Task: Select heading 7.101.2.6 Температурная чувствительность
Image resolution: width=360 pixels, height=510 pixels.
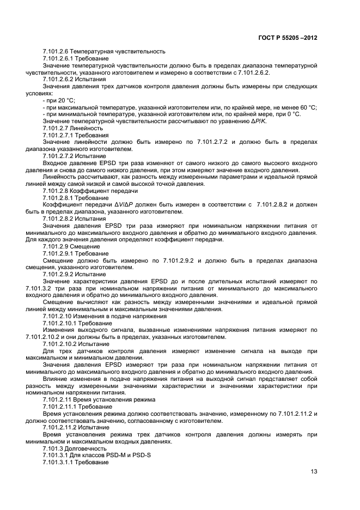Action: tap(103, 51)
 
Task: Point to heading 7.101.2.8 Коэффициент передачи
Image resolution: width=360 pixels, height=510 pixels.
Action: tap(90, 191)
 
